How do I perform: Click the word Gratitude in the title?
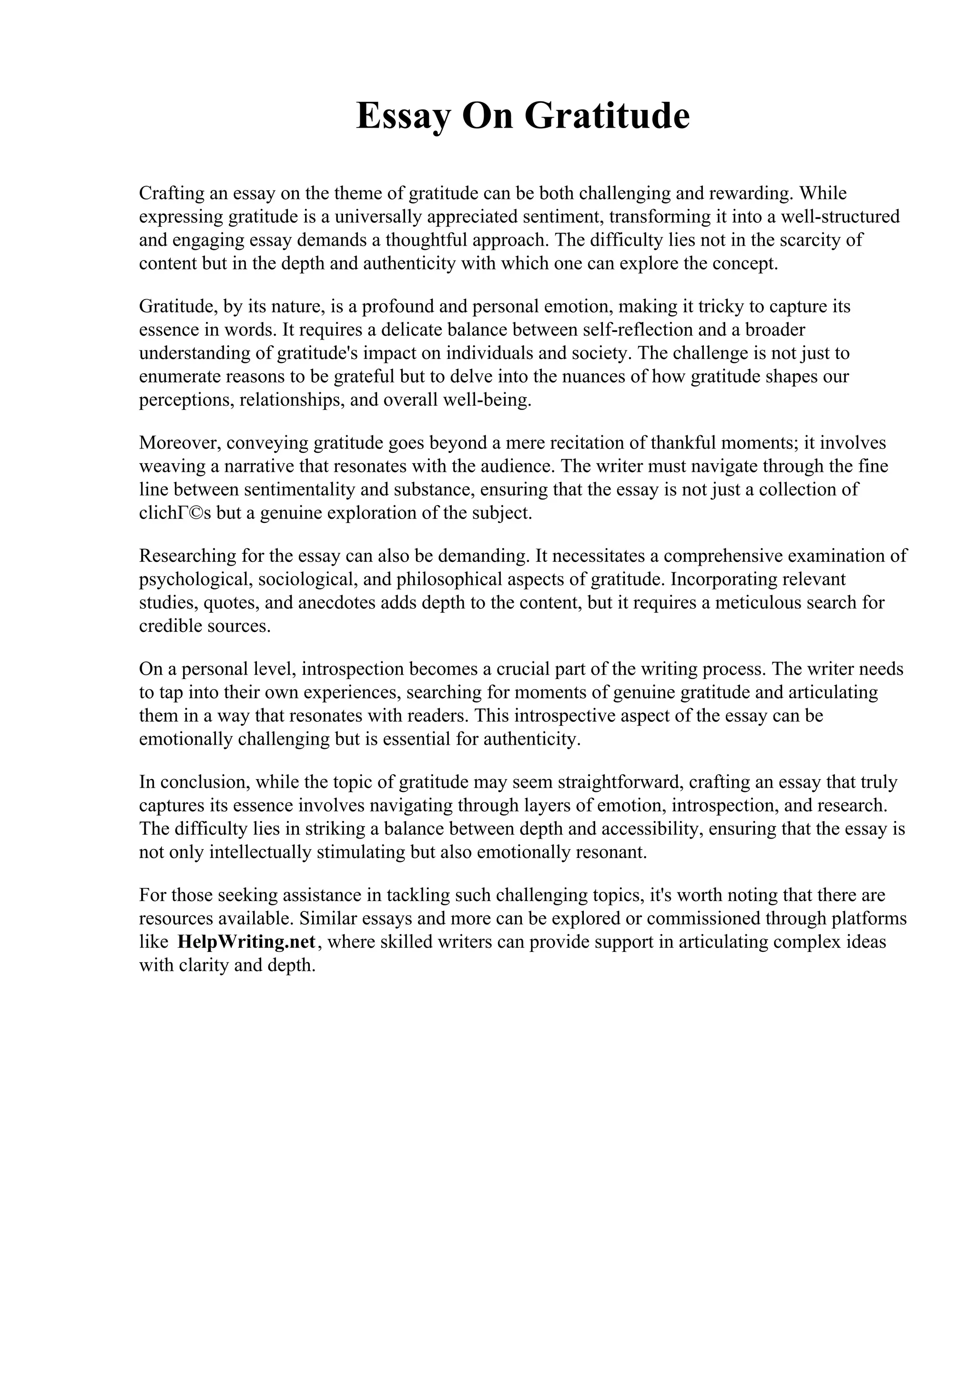pos(607,116)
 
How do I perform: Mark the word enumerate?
pos(179,377)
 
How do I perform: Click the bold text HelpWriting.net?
pos(246,942)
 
